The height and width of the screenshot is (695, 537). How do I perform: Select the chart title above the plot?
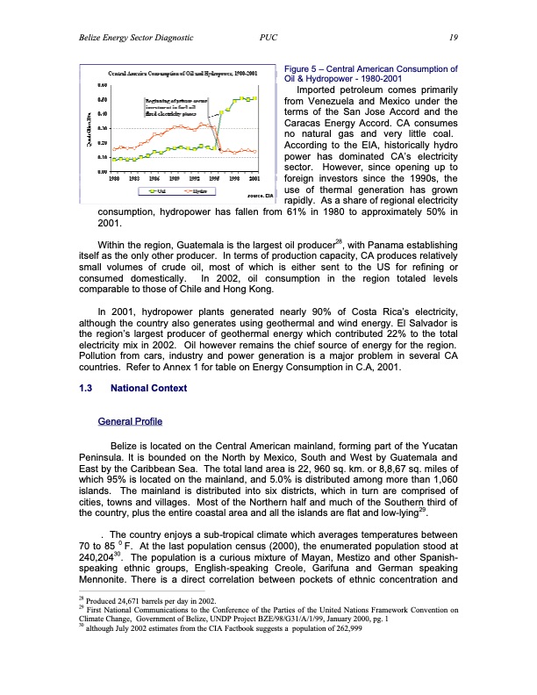pos(182,74)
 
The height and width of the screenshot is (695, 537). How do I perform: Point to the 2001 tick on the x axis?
pos(254,178)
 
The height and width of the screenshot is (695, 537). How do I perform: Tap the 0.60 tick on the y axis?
pos(102,86)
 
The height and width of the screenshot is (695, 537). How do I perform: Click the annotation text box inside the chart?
pos(174,112)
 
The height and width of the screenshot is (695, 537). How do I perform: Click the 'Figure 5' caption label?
pos(304,68)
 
